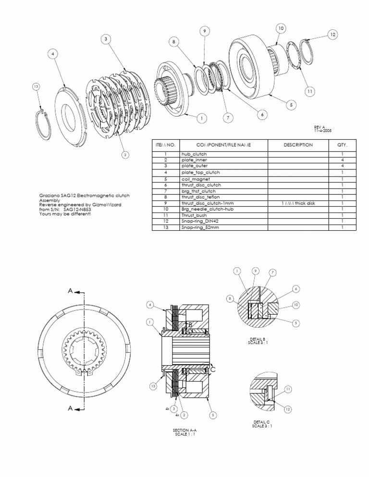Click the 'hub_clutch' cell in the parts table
pos(194,154)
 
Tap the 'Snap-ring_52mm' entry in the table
pos(199,227)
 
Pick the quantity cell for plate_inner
pos(342,160)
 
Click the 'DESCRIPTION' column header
pos(298,144)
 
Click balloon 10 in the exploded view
pos(281,29)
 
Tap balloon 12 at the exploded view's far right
pos(333,34)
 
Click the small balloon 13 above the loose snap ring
pos(36,87)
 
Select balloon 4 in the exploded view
pos(53,54)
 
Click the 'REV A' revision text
pos(320,127)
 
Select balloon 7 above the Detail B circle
pos(272,273)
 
